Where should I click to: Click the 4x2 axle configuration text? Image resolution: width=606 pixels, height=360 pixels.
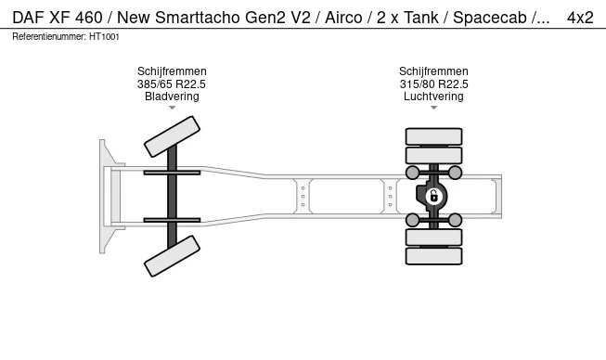[580, 18]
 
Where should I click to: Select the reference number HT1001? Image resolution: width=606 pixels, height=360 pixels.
[104, 37]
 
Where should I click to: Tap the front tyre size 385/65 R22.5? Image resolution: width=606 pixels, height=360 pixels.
[172, 84]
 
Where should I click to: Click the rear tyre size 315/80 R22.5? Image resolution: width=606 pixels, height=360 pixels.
[433, 84]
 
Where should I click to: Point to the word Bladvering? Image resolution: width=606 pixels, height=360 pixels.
[172, 96]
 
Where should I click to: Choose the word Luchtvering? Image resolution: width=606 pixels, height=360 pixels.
[433, 96]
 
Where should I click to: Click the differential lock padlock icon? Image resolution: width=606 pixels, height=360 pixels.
[433, 196]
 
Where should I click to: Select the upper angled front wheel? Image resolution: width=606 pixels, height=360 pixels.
[172, 136]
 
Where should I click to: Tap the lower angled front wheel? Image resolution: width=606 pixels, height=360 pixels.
[172, 256]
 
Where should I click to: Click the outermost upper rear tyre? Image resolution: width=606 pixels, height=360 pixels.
[433, 136]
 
